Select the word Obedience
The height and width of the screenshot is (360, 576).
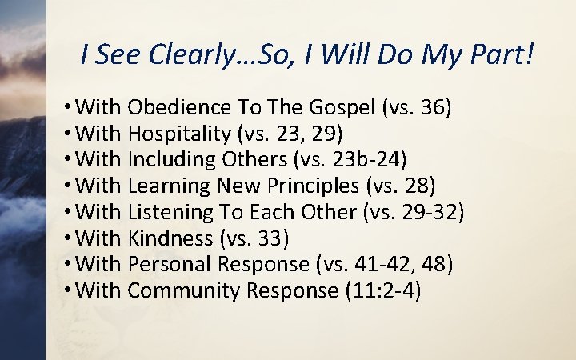click(170, 107)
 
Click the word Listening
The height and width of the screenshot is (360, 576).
click(167, 213)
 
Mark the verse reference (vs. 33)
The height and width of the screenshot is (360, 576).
click(254, 238)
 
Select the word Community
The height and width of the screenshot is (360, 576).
click(182, 290)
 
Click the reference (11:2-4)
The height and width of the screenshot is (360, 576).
click(382, 290)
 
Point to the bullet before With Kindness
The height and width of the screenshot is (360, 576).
click(72, 238)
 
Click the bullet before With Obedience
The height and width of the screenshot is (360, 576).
click(72, 107)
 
